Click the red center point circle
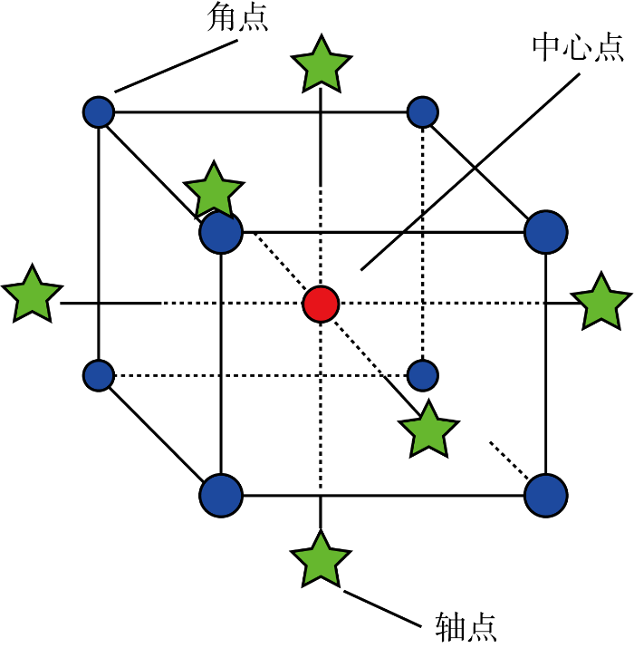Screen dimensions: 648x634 [321, 303]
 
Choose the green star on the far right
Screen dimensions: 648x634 [601, 302]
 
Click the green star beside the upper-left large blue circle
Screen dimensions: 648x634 [214, 191]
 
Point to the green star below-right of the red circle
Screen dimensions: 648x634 [427, 430]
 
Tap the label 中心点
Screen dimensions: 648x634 [577, 45]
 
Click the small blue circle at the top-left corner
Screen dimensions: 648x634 [98, 112]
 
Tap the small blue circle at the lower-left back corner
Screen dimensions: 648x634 [98, 374]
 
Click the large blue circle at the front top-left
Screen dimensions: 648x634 [221, 232]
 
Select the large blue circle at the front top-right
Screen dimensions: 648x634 [546, 232]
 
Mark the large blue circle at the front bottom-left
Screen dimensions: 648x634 [221, 495]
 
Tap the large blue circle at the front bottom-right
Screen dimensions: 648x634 [546, 495]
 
